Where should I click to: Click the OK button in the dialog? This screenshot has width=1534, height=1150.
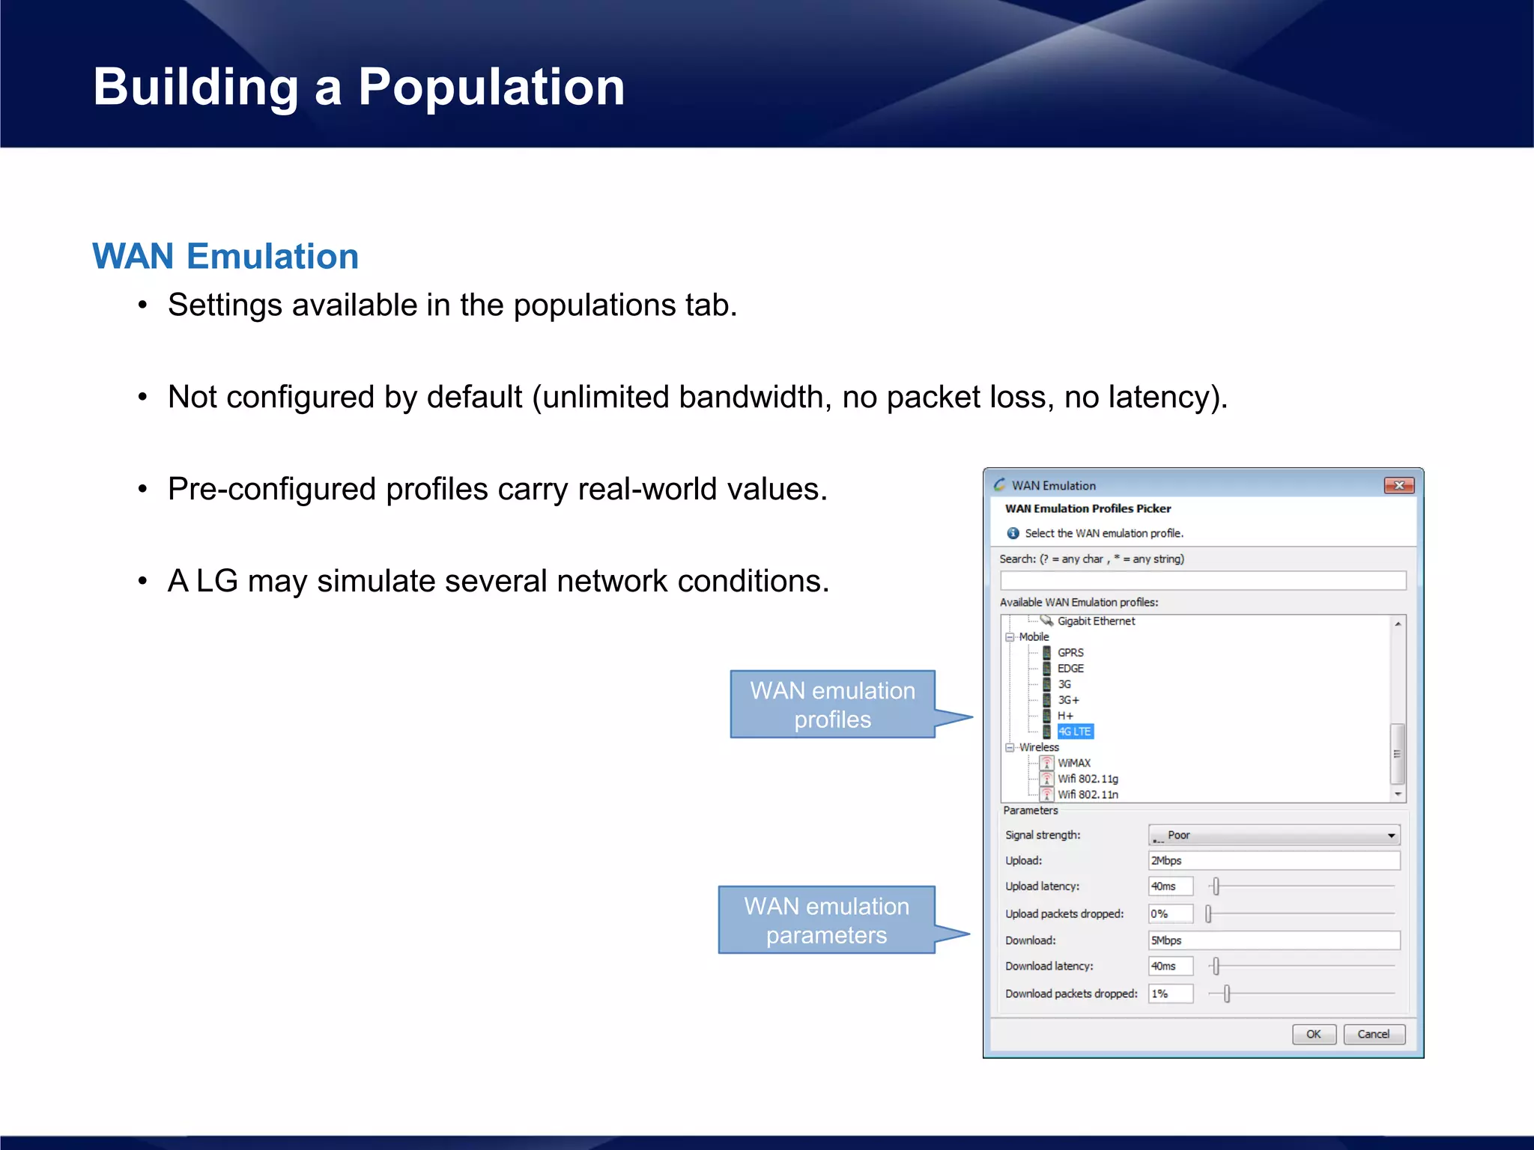click(1314, 1034)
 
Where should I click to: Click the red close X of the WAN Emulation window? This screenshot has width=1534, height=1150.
click(1398, 485)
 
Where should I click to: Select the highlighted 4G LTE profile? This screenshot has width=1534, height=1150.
click(1075, 731)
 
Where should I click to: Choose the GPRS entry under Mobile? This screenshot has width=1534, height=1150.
click(1070, 652)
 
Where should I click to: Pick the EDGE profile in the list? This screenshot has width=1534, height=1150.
click(1070, 668)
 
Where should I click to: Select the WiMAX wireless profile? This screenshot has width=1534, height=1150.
click(1073, 763)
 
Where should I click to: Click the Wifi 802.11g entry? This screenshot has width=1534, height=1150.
click(1088, 779)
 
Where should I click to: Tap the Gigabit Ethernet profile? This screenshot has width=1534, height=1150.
click(1096, 621)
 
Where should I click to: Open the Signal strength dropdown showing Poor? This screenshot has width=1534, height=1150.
click(1273, 835)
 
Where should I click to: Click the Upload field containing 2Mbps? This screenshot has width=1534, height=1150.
click(1273, 860)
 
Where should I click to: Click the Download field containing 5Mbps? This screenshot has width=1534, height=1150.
click(1273, 940)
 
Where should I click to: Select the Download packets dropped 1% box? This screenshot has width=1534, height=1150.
click(1170, 994)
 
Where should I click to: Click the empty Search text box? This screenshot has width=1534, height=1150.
click(1202, 580)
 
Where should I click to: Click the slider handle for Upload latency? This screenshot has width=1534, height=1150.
click(1216, 886)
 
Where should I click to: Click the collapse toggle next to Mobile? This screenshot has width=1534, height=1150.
click(1010, 637)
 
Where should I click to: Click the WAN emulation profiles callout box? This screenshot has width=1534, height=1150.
click(832, 705)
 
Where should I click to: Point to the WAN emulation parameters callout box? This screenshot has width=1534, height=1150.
click(826, 920)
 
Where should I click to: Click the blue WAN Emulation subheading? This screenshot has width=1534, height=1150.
click(225, 256)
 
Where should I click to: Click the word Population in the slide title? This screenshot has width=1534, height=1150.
click(491, 87)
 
